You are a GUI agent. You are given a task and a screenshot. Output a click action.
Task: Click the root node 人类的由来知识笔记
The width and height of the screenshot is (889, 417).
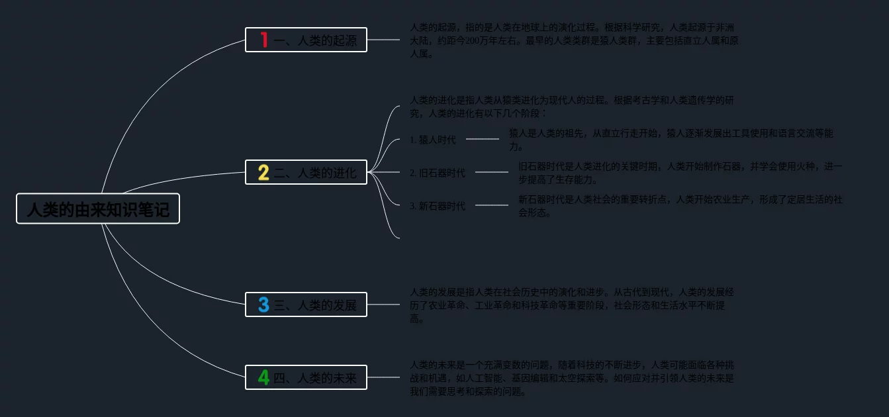(x=98, y=209)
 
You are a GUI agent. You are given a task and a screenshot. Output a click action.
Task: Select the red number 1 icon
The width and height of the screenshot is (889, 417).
(x=264, y=40)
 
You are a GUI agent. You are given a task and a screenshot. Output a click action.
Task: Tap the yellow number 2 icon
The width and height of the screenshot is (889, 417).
(x=263, y=173)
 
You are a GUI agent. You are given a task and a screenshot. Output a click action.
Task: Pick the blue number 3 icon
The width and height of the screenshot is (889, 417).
(x=263, y=305)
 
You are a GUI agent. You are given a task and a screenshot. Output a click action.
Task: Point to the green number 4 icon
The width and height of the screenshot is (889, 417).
(x=263, y=378)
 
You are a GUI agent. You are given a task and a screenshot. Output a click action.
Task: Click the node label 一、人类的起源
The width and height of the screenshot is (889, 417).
(x=315, y=41)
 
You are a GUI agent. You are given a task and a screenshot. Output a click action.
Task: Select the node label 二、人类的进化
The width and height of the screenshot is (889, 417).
(x=315, y=173)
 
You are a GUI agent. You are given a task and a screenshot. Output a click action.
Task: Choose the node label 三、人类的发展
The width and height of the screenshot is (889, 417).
(x=315, y=306)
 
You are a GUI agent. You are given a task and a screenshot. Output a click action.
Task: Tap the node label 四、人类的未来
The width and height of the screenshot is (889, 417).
(x=315, y=379)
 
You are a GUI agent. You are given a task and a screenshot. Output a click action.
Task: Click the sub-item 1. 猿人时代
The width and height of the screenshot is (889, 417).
(x=433, y=140)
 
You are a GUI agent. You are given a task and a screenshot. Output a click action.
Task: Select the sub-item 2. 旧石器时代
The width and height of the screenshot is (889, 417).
(x=437, y=173)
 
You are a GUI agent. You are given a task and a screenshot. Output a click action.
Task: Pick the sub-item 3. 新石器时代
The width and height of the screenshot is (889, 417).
(x=437, y=206)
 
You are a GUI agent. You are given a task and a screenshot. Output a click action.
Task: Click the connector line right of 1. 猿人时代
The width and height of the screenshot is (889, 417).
(x=483, y=139)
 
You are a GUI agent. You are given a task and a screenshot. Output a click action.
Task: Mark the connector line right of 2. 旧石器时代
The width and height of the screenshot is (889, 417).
(x=492, y=172)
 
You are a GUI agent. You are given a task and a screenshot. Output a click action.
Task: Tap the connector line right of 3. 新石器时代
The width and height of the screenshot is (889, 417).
(x=492, y=205)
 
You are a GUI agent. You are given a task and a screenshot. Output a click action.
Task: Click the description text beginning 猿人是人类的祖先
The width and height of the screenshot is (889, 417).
(x=670, y=140)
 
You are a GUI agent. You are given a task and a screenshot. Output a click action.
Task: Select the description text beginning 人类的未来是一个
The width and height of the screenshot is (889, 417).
(x=572, y=378)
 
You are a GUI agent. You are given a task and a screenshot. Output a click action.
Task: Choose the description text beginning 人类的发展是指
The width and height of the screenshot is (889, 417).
(x=572, y=304)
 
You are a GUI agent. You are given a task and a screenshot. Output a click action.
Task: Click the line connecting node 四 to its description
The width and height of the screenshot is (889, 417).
(x=383, y=377)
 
